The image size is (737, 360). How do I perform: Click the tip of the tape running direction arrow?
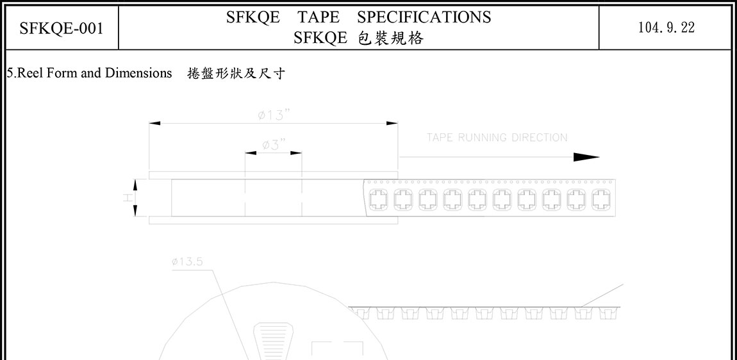600,157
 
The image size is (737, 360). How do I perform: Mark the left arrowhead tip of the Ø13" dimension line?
149,123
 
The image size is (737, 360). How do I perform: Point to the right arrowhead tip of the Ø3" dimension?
301,152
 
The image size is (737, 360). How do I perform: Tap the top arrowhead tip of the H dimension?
135,179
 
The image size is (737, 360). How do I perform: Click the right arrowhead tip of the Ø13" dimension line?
397,123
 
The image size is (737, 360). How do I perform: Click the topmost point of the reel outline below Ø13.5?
274,282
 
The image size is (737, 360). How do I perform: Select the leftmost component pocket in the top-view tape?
378,199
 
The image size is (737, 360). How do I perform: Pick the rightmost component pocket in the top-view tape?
600,199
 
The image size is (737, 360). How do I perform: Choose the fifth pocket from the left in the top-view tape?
477,199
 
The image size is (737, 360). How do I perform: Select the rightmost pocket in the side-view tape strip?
609,313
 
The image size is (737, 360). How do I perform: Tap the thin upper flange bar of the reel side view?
274,176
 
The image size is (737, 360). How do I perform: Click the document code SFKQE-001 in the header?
62,28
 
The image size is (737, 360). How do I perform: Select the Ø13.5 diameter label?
188,262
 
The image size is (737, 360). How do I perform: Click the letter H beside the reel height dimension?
126,199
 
